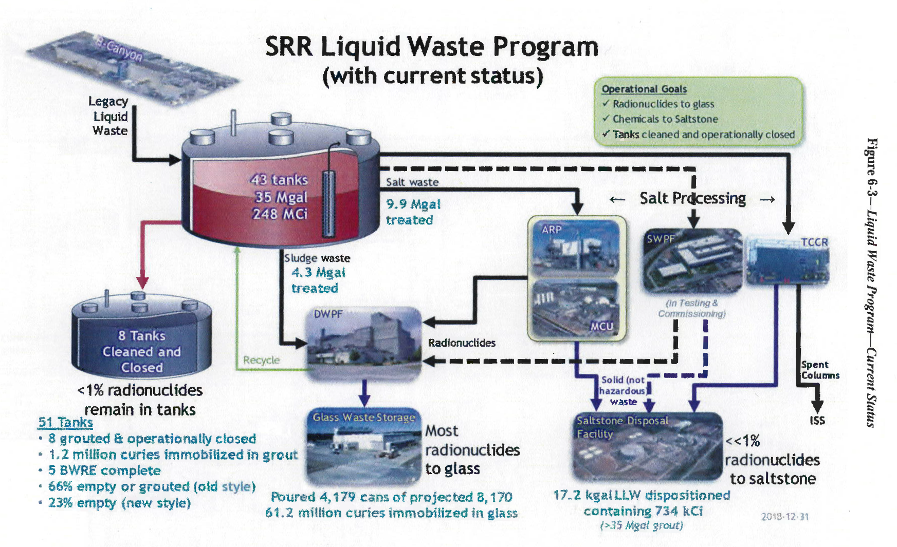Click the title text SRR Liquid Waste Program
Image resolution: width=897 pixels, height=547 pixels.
[431, 47]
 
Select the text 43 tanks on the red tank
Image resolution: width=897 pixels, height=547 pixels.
[279, 180]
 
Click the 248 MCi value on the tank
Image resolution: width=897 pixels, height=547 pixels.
[280, 214]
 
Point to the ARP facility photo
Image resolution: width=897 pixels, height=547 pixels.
[576, 249]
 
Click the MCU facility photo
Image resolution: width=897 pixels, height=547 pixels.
[576, 308]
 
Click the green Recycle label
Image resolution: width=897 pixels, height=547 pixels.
[261, 360]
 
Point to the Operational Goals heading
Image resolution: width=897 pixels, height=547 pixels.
[644, 89]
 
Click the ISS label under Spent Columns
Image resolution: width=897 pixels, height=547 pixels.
[817, 421]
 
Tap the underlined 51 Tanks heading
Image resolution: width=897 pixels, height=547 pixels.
[65, 423]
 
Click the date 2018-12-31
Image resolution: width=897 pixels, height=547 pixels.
[784, 517]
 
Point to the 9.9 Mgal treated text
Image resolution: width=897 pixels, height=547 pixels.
[413, 212]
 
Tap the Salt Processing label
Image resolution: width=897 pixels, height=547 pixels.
[692, 198]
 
